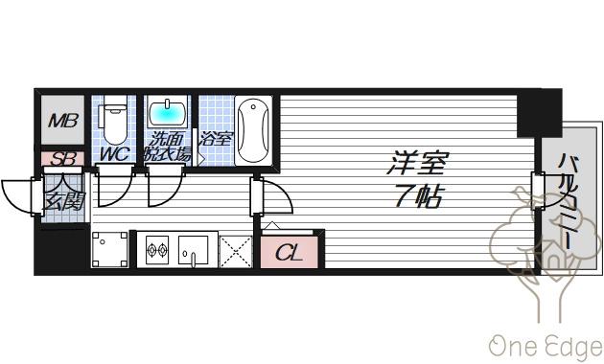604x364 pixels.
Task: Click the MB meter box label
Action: (63, 121)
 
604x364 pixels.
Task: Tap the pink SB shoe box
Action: (62, 158)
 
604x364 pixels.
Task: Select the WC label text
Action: (114, 154)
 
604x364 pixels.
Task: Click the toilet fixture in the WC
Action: (114, 120)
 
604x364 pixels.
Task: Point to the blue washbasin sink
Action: (167, 113)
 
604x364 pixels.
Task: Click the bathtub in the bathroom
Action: (253, 131)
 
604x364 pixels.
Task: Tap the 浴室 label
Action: (216, 139)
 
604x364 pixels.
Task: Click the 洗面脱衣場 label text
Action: (167, 147)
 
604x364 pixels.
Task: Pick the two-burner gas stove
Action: (157, 250)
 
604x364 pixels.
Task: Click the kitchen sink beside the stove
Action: (193, 250)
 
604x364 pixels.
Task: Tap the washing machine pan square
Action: (110, 249)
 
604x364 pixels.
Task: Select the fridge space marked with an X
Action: (236, 252)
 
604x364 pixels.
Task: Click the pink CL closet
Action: (290, 253)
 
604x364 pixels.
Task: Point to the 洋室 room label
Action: (418, 163)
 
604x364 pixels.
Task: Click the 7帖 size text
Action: (418, 196)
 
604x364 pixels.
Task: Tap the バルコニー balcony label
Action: (569, 202)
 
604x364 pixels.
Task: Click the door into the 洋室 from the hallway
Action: (272, 196)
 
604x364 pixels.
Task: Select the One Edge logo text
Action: (546, 347)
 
